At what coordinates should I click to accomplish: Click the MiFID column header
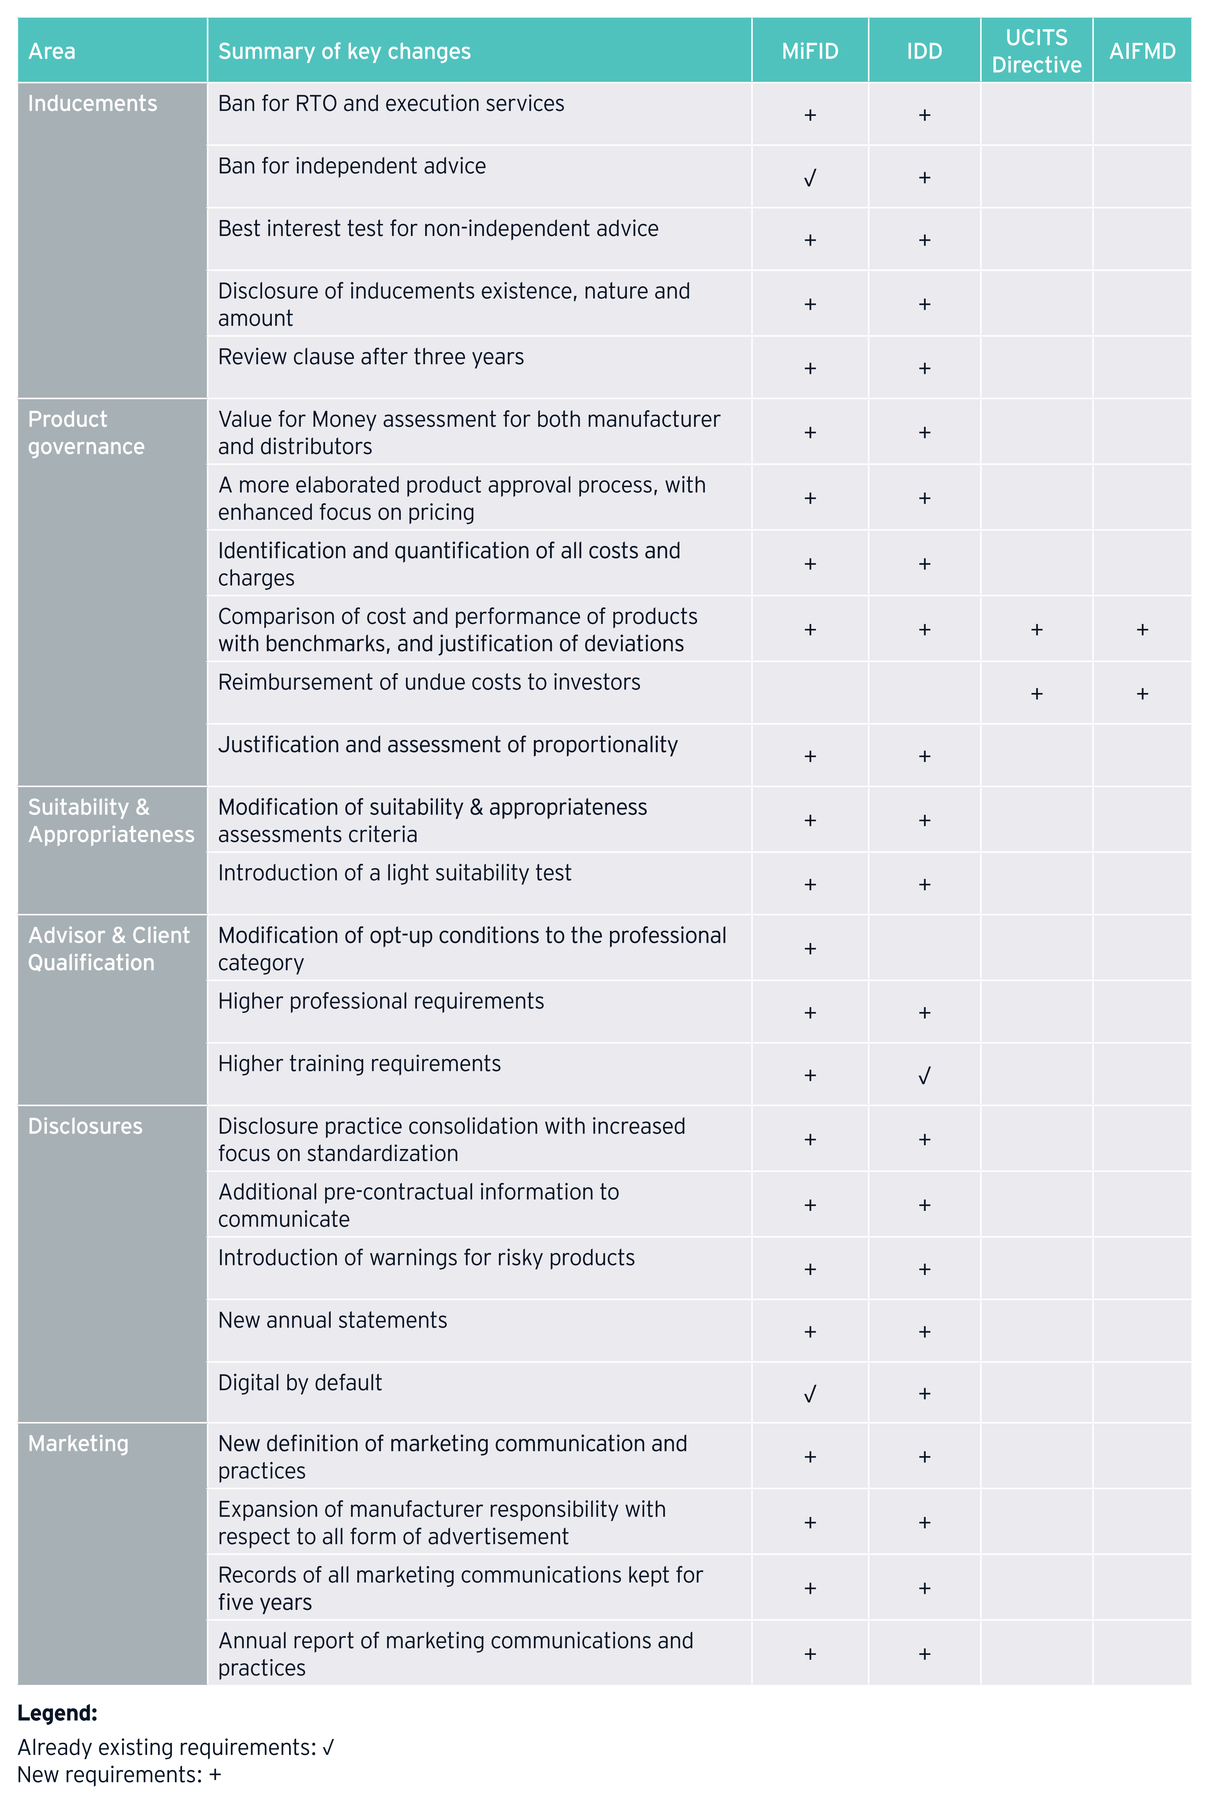click(x=809, y=51)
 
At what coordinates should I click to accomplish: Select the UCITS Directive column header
click(x=1036, y=51)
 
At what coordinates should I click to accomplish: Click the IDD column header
click(x=924, y=51)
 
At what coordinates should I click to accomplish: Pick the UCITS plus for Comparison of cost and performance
click(x=1036, y=630)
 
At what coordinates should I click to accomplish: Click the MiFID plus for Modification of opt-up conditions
click(x=809, y=948)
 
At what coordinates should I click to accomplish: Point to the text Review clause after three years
click(x=371, y=357)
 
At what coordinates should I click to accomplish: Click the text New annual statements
click(x=332, y=1320)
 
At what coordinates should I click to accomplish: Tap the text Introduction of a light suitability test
click(x=395, y=873)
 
